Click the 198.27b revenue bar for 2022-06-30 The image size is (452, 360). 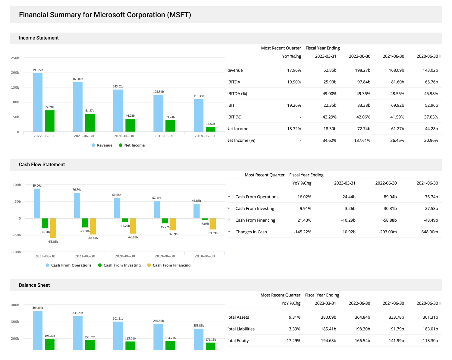38,103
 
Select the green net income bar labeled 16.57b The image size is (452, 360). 211,129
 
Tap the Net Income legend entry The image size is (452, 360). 132,145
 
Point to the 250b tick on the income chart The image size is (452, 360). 15,58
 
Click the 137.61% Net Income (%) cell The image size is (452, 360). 362,141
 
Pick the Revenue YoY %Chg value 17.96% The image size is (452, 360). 294,70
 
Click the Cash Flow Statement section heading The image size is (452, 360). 42,165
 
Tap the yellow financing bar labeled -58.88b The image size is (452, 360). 53,228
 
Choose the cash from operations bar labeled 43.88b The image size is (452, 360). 196,211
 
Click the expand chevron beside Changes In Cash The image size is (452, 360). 229,232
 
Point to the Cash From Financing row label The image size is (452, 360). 255,220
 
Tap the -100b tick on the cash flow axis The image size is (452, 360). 16,252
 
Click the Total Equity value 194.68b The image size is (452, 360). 328,341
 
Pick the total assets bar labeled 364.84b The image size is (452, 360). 38,330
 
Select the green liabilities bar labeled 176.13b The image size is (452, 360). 211,346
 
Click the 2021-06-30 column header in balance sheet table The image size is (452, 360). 393,303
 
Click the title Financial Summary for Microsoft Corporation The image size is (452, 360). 105,15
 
